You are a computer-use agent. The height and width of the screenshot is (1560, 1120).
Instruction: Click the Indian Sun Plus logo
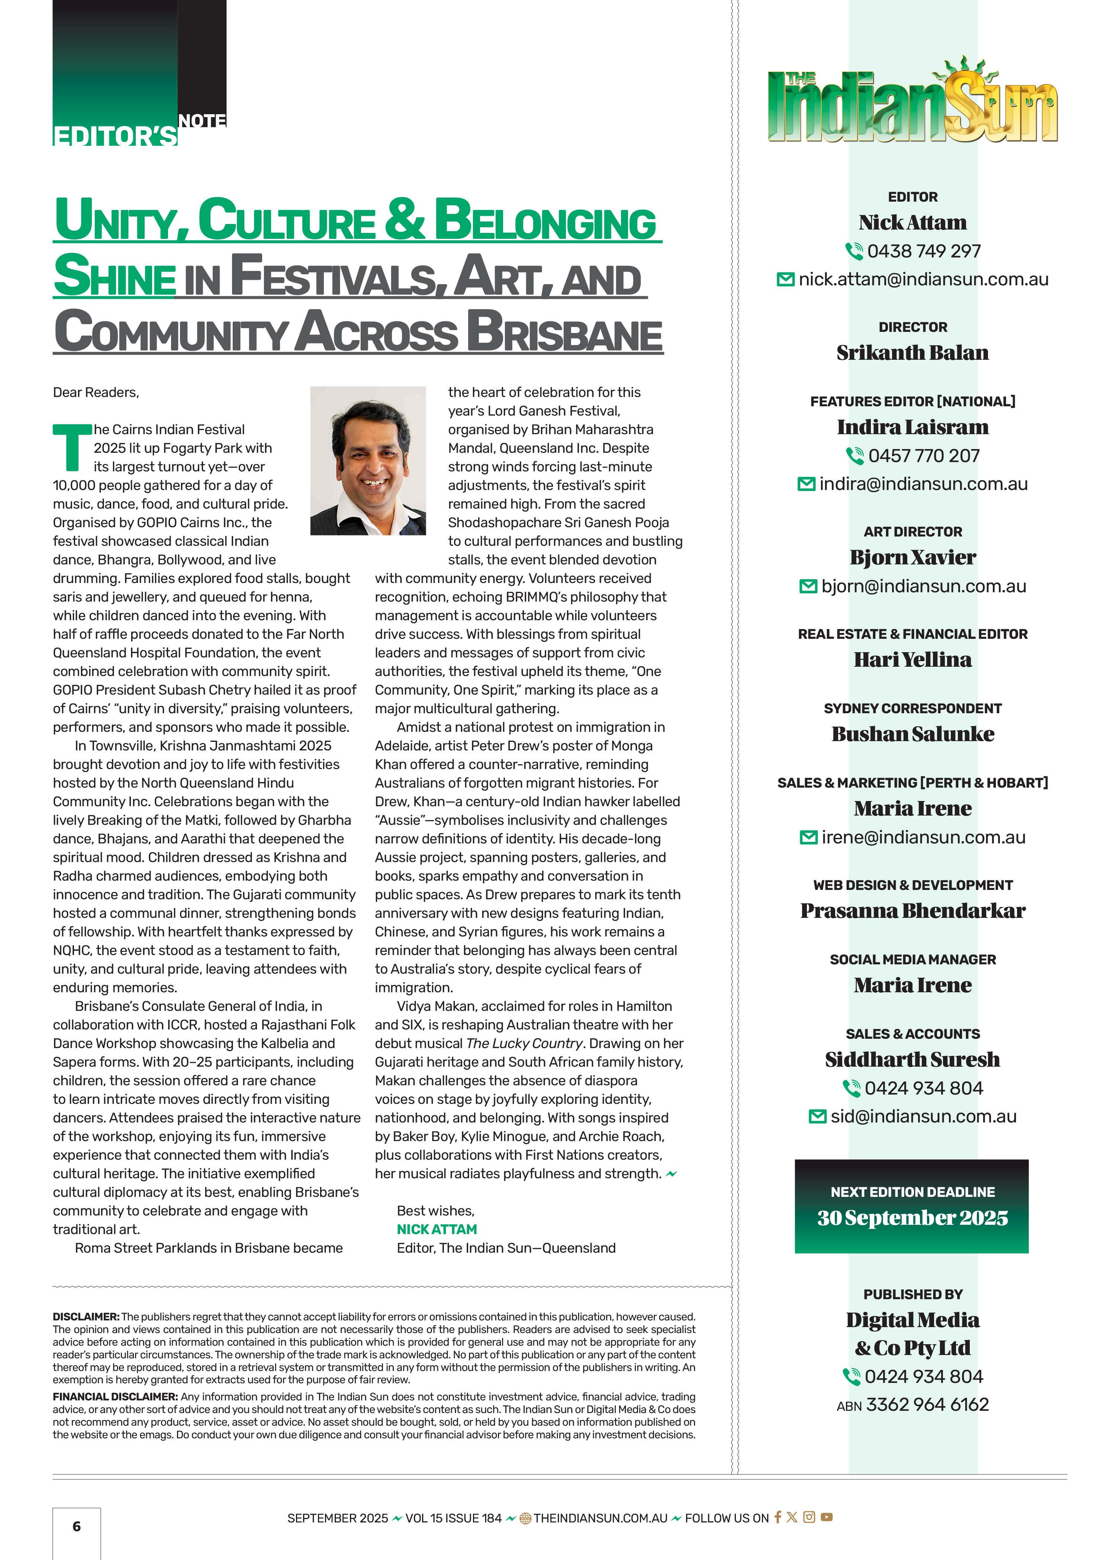pos(913,103)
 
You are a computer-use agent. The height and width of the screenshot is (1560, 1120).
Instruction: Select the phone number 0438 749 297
pos(923,251)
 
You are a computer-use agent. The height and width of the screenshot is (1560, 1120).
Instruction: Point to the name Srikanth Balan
pos(913,353)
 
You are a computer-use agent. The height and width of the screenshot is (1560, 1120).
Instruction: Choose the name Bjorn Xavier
pos(913,557)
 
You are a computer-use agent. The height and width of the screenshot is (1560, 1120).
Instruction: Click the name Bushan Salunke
pos(913,734)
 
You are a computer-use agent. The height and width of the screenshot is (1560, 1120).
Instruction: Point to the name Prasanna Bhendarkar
pos(913,911)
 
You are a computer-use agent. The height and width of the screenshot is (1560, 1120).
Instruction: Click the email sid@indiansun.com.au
pos(923,1117)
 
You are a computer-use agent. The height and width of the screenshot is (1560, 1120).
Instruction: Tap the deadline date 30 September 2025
pos(913,1218)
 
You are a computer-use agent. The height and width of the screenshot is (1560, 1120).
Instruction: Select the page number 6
pos(76,1526)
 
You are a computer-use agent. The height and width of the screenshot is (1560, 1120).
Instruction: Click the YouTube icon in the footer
pos(826,1517)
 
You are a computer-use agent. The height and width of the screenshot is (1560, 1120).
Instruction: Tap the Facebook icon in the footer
pos(778,1517)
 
